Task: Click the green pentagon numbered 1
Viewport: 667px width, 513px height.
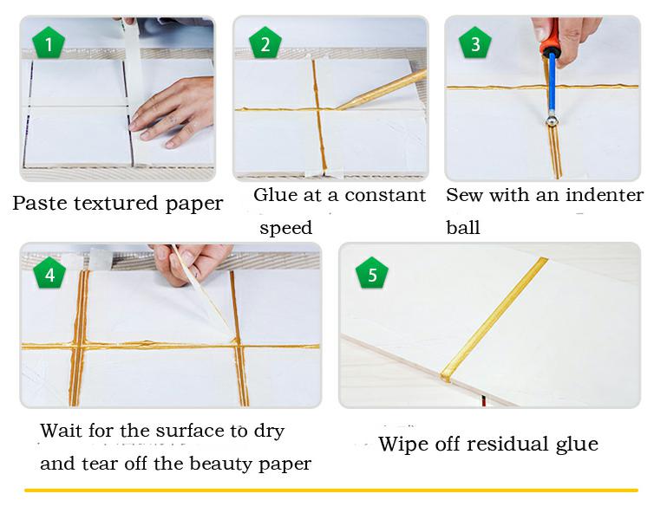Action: pyautogui.click(x=49, y=43)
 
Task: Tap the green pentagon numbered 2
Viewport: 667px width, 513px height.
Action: pyautogui.click(x=265, y=43)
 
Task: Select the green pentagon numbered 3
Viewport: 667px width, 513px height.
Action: pyautogui.click(x=475, y=43)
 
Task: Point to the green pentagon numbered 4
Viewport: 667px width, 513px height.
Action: pyautogui.click(x=49, y=273)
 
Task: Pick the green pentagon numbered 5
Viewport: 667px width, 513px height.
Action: pyautogui.click(x=372, y=273)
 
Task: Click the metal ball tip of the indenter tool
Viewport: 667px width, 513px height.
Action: pyautogui.click(x=552, y=121)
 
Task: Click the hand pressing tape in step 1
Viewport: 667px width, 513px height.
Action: pyautogui.click(x=173, y=113)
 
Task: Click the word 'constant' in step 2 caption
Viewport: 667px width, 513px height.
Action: pyautogui.click(x=385, y=196)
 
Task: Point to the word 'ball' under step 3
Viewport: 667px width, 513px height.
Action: pyautogui.click(x=463, y=227)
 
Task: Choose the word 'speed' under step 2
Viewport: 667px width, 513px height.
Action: pyautogui.click(x=286, y=229)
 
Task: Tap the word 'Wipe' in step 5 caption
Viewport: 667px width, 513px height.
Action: pyautogui.click(x=398, y=445)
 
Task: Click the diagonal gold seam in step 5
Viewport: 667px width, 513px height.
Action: pyautogui.click(x=494, y=320)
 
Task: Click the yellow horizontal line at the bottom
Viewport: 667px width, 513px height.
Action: pyautogui.click(x=331, y=490)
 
